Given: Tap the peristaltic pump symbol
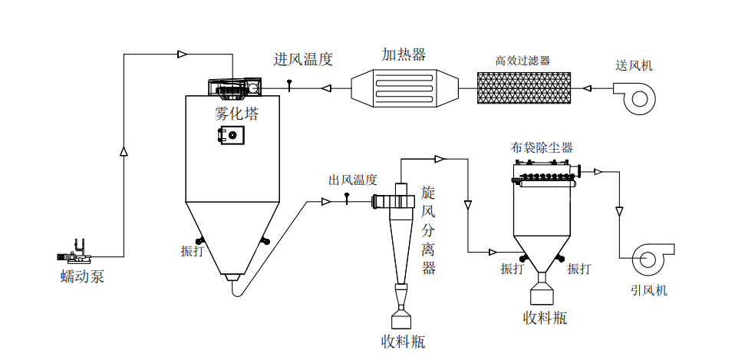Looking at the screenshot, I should (74, 253).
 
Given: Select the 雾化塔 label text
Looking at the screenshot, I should (236, 114).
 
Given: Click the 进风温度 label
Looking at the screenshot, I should (303, 60).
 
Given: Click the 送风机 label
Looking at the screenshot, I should (634, 65).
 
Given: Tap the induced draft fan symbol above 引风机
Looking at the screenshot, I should (651, 259).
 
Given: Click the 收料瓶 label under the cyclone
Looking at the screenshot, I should (403, 341).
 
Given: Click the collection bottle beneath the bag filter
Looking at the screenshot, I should (543, 292).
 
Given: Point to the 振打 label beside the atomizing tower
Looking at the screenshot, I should (192, 251).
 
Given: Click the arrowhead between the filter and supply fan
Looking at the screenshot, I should (588, 88).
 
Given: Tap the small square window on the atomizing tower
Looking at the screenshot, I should (231, 136).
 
